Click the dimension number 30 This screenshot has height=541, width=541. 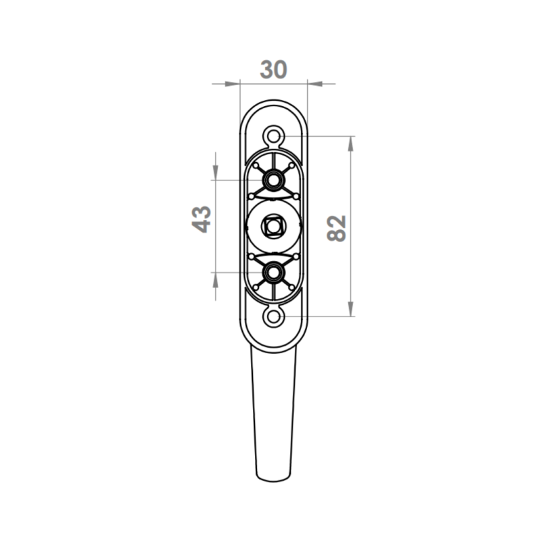[273, 70]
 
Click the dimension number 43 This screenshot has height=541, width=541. [202, 219]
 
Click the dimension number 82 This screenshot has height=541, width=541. [336, 229]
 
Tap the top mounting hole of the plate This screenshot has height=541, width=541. [274, 137]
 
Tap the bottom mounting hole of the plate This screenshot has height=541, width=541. [274, 316]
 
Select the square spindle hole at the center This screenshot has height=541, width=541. [273, 227]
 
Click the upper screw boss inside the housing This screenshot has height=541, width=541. [274, 180]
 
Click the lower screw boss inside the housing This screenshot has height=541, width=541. [274, 273]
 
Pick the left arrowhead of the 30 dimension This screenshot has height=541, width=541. [232, 84]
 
